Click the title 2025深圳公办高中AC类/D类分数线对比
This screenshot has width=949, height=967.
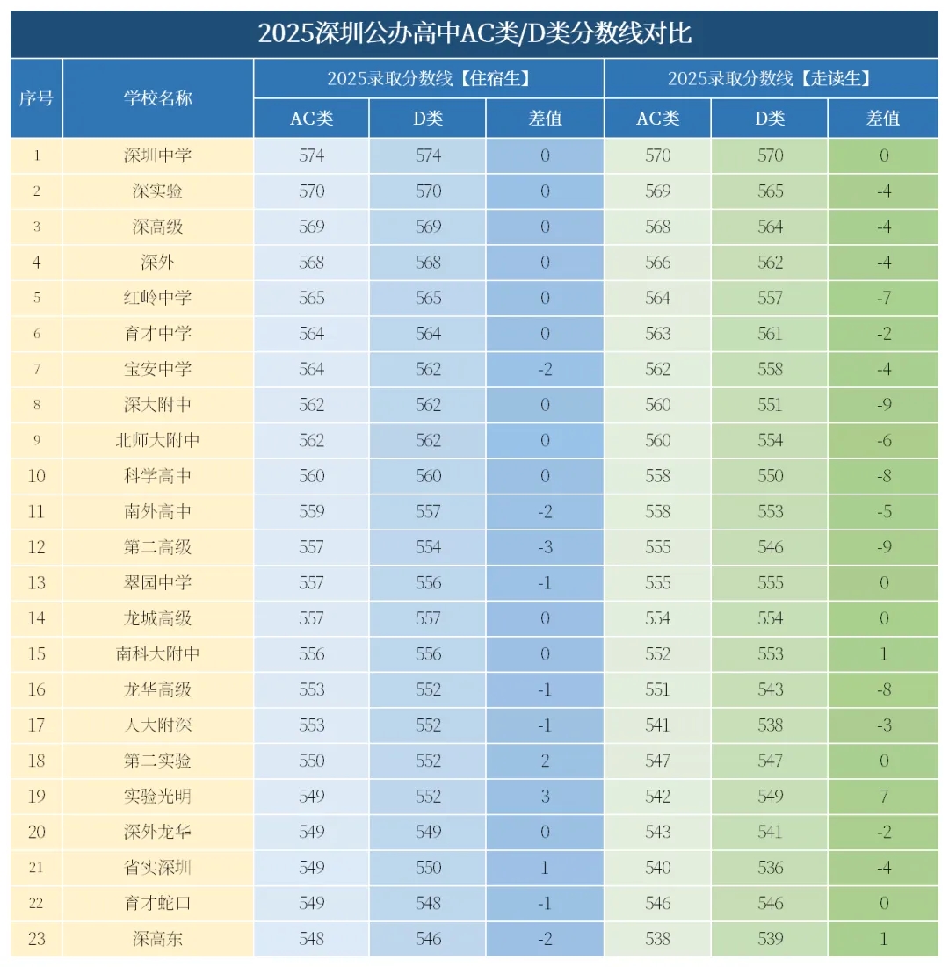coord(474,34)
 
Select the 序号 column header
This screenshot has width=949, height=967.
coord(36,97)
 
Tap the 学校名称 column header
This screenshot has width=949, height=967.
coord(158,97)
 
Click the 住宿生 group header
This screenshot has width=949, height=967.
coord(429,78)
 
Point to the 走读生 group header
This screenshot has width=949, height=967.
coord(770,78)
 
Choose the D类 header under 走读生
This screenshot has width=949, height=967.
coord(770,119)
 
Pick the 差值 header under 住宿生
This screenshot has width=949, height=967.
coord(545,119)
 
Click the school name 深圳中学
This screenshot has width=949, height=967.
coord(158,155)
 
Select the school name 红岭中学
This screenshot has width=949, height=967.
coord(158,298)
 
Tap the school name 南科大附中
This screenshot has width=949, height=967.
coord(158,653)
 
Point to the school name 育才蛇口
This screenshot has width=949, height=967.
coord(158,903)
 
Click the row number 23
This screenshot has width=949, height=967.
coord(36,938)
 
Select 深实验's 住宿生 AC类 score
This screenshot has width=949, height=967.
coord(312,191)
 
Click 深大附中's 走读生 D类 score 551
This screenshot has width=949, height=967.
coord(770,405)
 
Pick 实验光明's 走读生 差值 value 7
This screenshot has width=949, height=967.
coord(883,796)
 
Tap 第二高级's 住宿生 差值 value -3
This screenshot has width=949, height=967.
coord(545,547)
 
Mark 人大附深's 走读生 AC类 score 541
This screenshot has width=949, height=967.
coord(657,725)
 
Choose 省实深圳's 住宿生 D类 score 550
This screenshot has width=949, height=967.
coord(429,867)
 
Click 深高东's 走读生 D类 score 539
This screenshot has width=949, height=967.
coord(770,938)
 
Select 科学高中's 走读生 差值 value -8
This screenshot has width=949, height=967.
coord(883,476)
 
